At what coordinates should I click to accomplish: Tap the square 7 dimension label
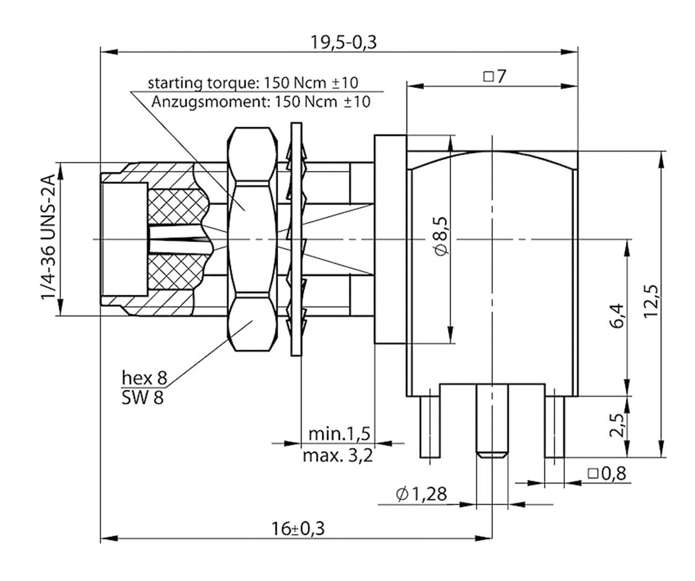tap(494, 77)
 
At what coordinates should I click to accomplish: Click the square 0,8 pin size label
tap(607, 474)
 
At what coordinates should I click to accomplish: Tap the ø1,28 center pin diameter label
tap(421, 493)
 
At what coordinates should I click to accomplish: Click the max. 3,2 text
tap(338, 456)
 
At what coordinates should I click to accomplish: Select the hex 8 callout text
tap(144, 377)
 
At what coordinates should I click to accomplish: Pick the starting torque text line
tap(252, 83)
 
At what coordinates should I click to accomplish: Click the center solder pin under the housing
tap(491, 421)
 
